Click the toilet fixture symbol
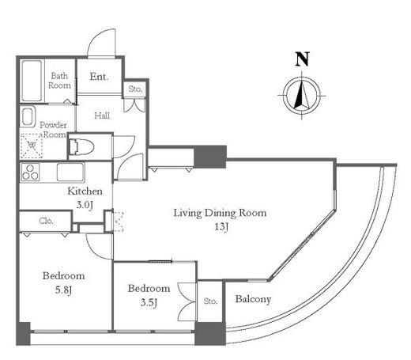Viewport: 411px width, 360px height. click(81, 146)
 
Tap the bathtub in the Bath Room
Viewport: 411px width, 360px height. click(32, 81)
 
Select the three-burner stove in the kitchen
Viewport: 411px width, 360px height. click(30, 172)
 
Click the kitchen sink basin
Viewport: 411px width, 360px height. click(70, 172)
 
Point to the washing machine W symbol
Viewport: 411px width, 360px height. click(32, 146)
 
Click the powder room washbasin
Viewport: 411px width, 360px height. click(28, 116)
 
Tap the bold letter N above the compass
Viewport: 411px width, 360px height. click(302, 59)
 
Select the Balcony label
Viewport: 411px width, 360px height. click(253, 299)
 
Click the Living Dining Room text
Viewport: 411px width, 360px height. click(220, 213)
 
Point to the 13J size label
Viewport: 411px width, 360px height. click(221, 226)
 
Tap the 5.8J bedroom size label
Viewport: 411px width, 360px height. click(63, 290)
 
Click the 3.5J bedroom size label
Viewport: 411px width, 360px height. click(149, 302)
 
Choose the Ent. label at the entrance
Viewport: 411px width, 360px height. click(99, 77)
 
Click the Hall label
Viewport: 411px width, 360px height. click(102, 116)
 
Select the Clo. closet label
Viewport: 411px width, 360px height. click(46, 221)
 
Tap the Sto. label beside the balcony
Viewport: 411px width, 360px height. click(210, 301)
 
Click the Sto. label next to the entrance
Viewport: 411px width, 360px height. click(135, 89)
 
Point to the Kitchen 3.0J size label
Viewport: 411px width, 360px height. click(85, 205)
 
